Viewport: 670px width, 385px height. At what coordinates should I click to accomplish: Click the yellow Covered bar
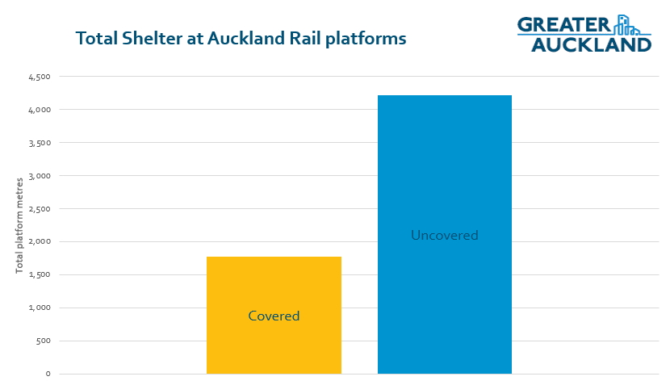click(x=274, y=316)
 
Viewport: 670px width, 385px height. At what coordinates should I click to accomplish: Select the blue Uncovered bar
click(x=445, y=235)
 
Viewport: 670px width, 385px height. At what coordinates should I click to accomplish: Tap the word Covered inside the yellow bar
click(x=274, y=316)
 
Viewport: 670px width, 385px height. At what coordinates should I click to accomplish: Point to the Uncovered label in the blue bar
click(x=445, y=235)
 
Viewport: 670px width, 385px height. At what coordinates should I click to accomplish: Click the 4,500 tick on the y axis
click(x=40, y=77)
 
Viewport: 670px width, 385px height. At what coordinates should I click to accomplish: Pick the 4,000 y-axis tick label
click(x=40, y=110)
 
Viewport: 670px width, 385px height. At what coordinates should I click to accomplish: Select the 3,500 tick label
click(x=40, y=143)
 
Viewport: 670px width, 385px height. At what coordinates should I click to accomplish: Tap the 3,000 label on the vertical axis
click(x=40, y=176)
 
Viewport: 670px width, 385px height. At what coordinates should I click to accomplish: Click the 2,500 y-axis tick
click(x=40, y=209)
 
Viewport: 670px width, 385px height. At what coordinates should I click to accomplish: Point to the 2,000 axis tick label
click(x=40, y=241)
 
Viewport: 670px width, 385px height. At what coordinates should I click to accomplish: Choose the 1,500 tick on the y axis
click(x=40, y=274)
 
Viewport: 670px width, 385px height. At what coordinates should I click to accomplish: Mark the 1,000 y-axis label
click(x=40, y=308)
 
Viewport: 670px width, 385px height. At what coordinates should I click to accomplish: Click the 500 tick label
click(x=43, y=341)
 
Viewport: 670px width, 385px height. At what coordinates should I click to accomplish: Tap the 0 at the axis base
click(x=48, y=374)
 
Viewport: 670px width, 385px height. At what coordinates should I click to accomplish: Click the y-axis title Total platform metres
click(x=19, y=226)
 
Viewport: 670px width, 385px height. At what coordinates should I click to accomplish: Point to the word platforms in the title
click(x=366, y=39)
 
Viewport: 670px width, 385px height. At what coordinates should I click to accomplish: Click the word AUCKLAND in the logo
click(x=592, y=45)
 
